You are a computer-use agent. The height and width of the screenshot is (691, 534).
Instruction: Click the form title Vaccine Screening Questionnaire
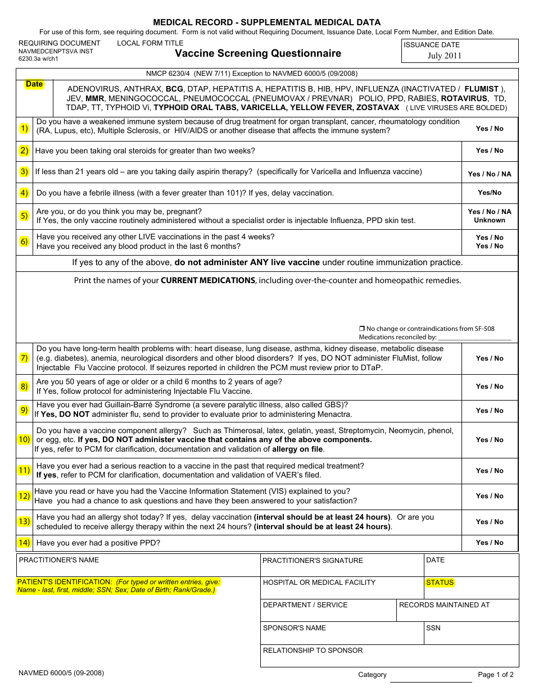[x=258, y=53]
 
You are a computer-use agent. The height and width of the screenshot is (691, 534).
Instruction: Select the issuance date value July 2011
[x=444, y=56]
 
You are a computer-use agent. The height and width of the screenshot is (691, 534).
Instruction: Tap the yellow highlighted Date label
[x=34, y=84]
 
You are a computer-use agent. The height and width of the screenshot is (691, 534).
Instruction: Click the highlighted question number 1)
[x=24, y=129]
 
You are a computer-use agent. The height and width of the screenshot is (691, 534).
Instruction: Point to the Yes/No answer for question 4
[x=490, y=193]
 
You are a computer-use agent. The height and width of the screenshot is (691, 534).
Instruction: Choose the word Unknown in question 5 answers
[x=490, y=220]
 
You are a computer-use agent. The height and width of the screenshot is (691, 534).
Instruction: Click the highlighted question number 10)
[x=24, y=439]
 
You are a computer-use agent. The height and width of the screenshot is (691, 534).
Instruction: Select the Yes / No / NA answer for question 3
[x=490, y=174]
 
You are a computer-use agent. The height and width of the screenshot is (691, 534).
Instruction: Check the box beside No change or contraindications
[x=362, y=329]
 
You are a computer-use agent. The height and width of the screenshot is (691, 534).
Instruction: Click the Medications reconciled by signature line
[x=474, y=338]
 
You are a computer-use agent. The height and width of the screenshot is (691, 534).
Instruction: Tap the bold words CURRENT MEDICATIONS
[x=208, y=280]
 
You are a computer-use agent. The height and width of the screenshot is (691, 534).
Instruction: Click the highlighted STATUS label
[x=440, y=583]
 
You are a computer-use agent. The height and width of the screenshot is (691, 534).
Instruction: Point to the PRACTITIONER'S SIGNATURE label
[x=313, y=561]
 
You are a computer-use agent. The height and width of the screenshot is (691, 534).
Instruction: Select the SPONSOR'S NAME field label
[x=294, y=628]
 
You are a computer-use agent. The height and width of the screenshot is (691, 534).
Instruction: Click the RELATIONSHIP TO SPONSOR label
[x=313, y=651]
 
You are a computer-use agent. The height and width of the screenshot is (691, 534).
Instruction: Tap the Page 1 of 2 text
[x=496, y=675]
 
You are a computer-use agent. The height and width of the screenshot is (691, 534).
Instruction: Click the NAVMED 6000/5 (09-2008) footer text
[x=61, y=673]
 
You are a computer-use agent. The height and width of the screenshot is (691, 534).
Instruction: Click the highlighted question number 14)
[x=24, y=543]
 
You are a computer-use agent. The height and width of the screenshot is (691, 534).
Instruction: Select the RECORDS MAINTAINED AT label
[x=444, y=605]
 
